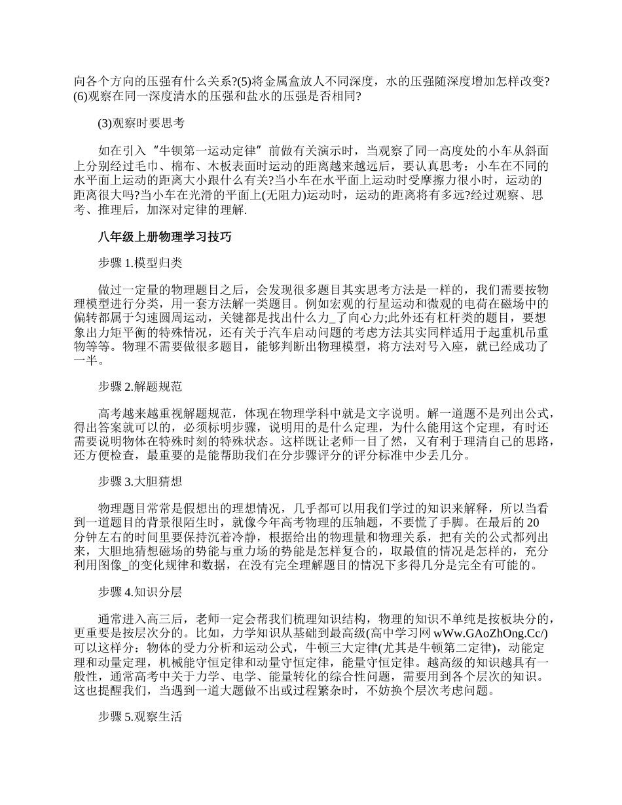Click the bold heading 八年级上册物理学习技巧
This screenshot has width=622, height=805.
click(164, 237)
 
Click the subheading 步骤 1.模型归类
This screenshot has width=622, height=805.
click(140, 263)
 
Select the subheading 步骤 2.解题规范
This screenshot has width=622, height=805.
click(140, 387)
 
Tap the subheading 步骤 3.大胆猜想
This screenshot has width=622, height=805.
click(140, 482)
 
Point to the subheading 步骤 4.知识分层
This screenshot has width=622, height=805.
click(140, 593)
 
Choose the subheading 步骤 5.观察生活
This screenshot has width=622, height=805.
click(140, 717)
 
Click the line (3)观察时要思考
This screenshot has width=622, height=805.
click(141, 122)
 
